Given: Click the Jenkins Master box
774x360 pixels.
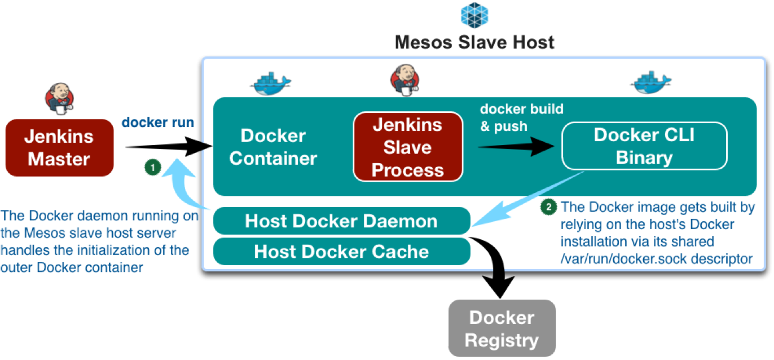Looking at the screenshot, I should click(x=59, y=147).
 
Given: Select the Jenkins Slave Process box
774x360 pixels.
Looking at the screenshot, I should click(x=407, y=147).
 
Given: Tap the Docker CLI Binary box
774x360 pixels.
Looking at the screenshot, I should click(x=644, y=146).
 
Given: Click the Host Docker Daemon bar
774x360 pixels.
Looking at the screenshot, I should click(x=341, y=221).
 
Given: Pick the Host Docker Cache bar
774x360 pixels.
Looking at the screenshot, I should click(x=341, y=251).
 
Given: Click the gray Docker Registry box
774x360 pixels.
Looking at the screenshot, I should click(x=502, y=328).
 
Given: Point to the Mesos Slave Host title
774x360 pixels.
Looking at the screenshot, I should click(x=474, y=42).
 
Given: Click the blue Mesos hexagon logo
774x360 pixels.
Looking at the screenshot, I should click(x=474, y=15).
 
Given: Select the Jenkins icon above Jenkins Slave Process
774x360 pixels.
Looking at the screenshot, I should click(x=405, y=78).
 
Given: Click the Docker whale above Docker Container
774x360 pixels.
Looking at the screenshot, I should click(x=270, y=82).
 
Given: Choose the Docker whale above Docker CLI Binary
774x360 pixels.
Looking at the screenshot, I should click(x=650, y=82).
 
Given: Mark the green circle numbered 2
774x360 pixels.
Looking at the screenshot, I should click(x=548, y=207).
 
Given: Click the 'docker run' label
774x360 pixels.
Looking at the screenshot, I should click(x=158, y=122).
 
